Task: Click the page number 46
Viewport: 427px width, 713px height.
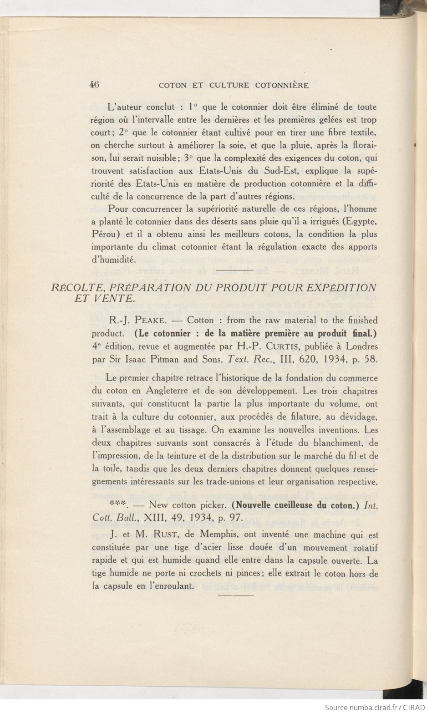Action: tap(95, 84)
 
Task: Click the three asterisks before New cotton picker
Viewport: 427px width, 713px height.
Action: tap(118, 504)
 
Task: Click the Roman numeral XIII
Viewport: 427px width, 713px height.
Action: tap(158, 517)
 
